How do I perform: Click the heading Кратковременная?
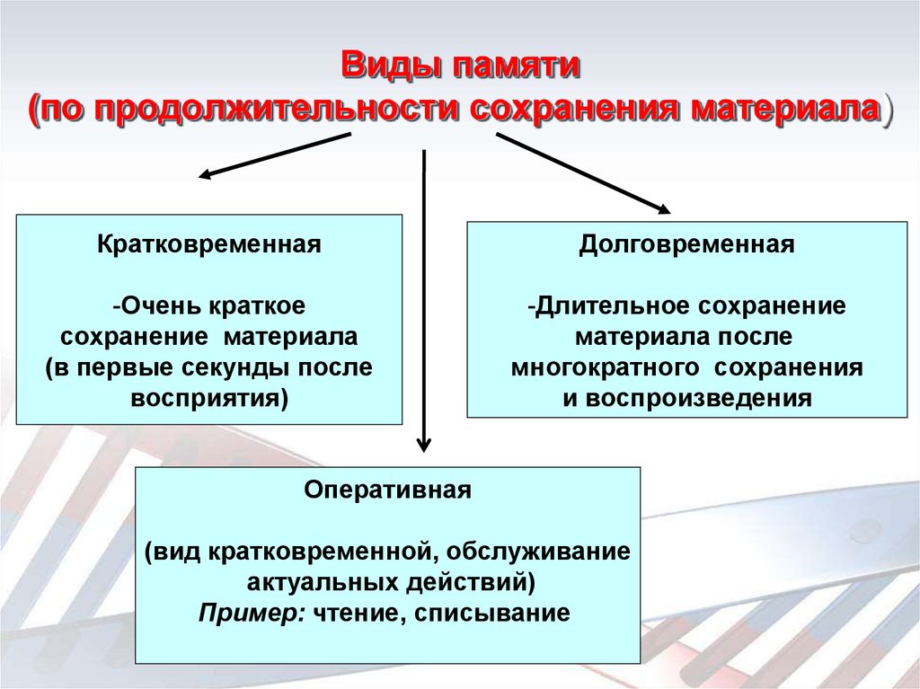click(209, 244)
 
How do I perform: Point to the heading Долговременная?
click(687, 244)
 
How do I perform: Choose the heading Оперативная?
click(388, 490)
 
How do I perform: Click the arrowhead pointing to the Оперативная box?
click(424, 445)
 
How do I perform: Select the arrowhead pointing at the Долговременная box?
click(663, 208)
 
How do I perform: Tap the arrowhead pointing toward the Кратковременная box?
click(206, 173)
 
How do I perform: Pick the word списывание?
click(492, 614)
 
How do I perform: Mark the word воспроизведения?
click(698, 399)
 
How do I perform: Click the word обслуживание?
click(539, 552)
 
